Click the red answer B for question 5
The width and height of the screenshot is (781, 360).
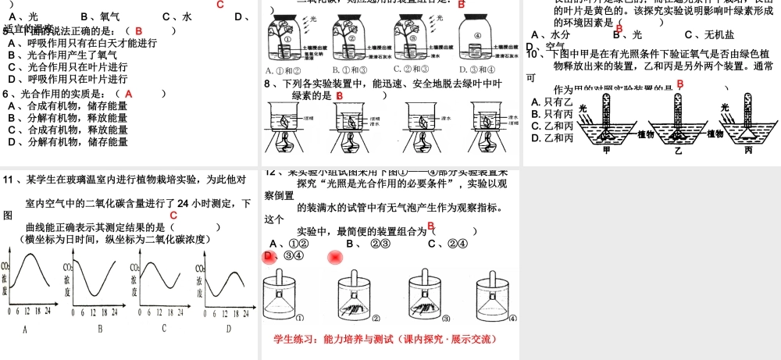(138, 31)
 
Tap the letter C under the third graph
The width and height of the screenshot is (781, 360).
(164, 329)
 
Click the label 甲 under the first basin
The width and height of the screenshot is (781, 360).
(607, 150)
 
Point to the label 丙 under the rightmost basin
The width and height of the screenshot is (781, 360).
(748, 150)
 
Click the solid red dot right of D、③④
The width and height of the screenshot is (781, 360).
(336, 257)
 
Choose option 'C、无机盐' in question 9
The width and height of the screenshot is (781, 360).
(709, 35)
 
